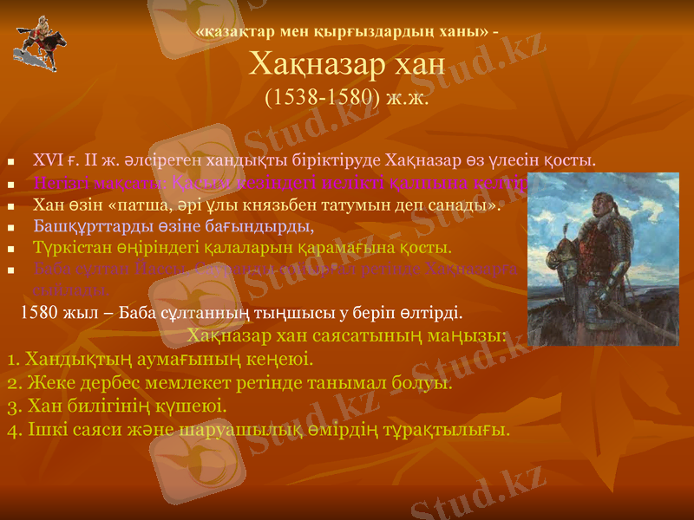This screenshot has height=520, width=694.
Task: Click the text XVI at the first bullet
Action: [x=48, y=160]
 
